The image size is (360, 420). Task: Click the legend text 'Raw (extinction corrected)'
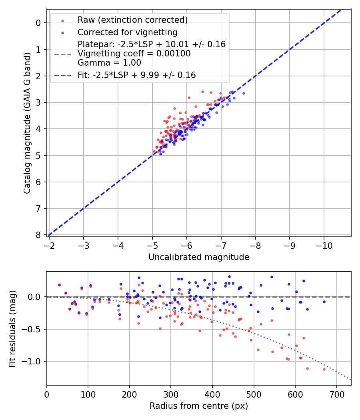tap(132, 20)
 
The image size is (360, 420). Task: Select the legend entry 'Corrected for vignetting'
tap(127, 32)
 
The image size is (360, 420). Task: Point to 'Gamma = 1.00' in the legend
tap(109, 62)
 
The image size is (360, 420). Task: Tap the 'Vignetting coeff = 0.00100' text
tap(134, 54)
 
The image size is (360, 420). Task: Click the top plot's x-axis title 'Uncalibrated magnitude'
tap(199, 257)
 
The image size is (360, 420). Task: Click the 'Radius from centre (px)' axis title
tap(199, 406)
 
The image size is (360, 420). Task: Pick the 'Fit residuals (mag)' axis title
tap(12, 328)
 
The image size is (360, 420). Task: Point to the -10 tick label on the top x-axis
tap(324, 245)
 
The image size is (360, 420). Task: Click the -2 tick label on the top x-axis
tap(49, 245)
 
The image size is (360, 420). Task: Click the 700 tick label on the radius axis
tap(336, 394)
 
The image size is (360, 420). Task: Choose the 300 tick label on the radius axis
tap(171, 394)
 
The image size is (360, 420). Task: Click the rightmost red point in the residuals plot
tap(324, 369)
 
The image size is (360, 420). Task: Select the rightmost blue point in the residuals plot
tap(324, 302)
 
